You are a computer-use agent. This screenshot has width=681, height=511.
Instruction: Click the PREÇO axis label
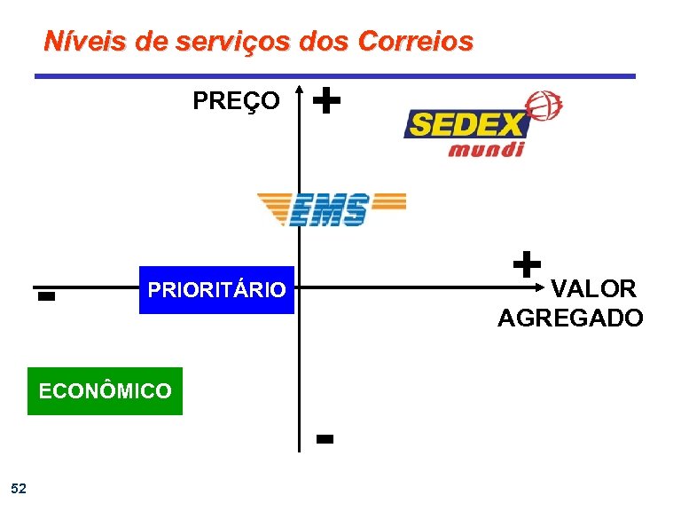pos(236,101)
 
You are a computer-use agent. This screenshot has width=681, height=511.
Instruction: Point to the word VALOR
pos(593,288)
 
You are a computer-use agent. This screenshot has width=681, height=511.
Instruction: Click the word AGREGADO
pos(570,318)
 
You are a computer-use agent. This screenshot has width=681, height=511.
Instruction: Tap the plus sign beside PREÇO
pos(327,100)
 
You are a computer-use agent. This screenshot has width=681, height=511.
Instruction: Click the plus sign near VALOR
pos(526,263)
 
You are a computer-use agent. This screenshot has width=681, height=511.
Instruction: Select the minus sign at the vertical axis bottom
pos(324,439)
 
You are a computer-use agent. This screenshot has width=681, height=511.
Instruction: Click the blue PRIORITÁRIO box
pos(216,289)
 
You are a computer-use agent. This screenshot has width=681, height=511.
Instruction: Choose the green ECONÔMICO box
pos(105,391)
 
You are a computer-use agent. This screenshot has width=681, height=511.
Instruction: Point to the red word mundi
pos(486,148)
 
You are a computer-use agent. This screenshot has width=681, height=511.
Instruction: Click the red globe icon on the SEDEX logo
pos(544,106)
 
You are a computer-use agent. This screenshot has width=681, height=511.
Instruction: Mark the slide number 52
pos(19,488)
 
